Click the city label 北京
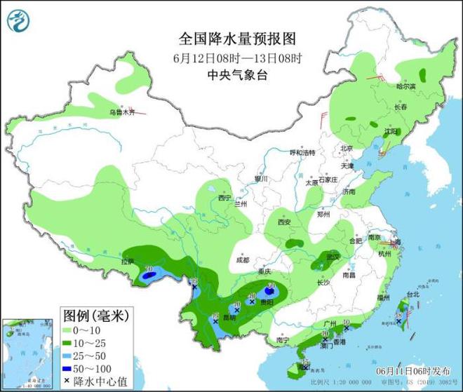[x=346, y=148]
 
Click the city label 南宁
[x=283, y=340]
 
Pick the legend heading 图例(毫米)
[x=93, y=316]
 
